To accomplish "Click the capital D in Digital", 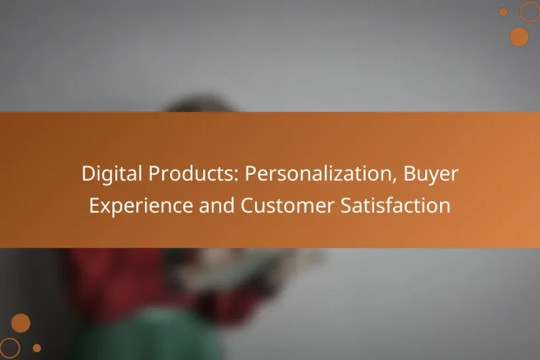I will [x=88, y=174].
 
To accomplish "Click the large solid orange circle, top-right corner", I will [x=519, y=36].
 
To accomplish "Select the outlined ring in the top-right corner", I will [x=530, y=11].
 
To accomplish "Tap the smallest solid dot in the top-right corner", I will [x=503, y=11].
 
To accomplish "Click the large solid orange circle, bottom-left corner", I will [x=21, y=323].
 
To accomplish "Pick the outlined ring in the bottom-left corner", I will [x=9, y=348].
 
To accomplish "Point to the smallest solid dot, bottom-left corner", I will [x=37, y=348].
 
